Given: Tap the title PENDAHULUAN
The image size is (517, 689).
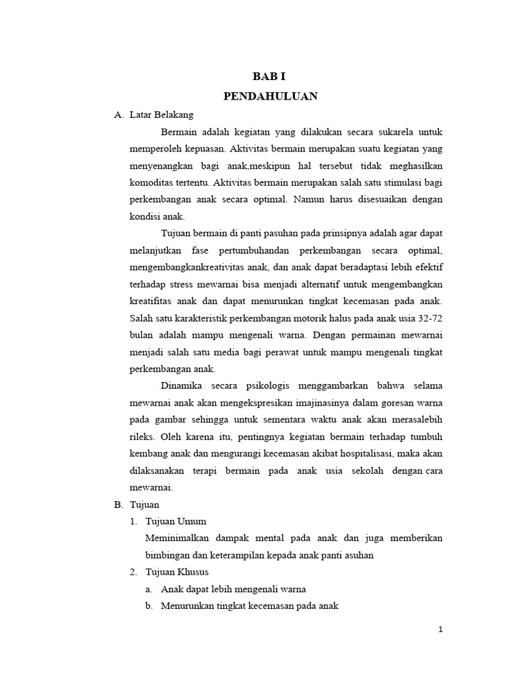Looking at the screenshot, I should click(x=270, y=96).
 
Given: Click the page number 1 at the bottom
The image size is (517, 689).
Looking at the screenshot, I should click(x=440, y=629).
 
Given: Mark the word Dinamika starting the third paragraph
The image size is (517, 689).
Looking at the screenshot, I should click(x=184, y=386).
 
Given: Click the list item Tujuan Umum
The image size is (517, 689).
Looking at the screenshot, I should click(x=176, y=521).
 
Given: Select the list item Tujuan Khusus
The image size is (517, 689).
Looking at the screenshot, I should click(x=177, y=572).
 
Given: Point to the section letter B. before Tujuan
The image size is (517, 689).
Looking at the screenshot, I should click(x=118, y=504).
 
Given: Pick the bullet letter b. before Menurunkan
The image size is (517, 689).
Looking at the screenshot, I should click(x=149, y=606).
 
